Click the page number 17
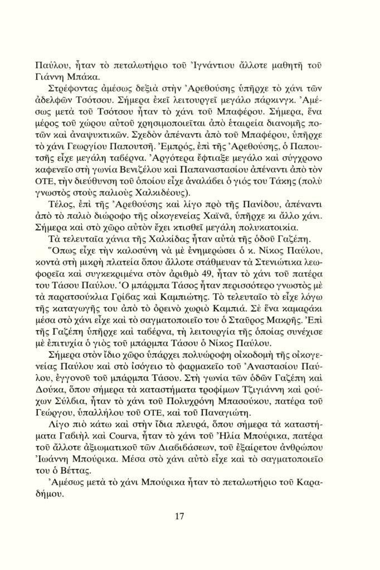click(179, 516)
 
